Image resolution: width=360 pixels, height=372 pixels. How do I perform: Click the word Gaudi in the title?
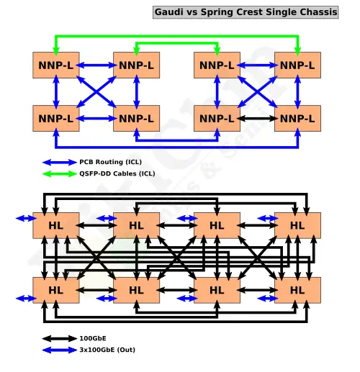[169, 12]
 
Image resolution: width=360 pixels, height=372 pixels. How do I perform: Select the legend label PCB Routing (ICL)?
[110, 162]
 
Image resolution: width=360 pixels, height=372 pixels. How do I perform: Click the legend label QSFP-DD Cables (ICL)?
[117, 173]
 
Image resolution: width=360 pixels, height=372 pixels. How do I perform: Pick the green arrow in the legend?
[60, 173]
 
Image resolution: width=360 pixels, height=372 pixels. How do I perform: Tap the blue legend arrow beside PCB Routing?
[60, 163]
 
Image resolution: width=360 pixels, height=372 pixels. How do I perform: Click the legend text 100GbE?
[93, 338]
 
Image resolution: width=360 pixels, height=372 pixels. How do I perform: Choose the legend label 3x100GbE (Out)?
[107, 350]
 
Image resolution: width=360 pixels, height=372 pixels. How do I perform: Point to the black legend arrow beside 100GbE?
[60, 339]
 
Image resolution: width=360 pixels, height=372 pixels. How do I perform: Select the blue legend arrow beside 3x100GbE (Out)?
[60, 350]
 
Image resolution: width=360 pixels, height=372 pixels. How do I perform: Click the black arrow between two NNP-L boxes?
[257, 119]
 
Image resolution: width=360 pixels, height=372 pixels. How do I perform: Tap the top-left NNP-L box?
[56, 65]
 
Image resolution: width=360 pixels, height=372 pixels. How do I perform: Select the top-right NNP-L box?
[297, 65]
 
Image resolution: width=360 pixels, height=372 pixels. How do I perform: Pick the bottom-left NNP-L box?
[56, 118]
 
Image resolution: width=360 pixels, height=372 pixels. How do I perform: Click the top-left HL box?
[56, 225]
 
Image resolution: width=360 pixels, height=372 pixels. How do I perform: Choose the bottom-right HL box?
[297, 290]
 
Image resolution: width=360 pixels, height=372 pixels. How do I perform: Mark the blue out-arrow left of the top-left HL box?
[26, 218]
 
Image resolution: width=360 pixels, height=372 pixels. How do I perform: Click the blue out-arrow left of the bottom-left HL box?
[26, 299]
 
